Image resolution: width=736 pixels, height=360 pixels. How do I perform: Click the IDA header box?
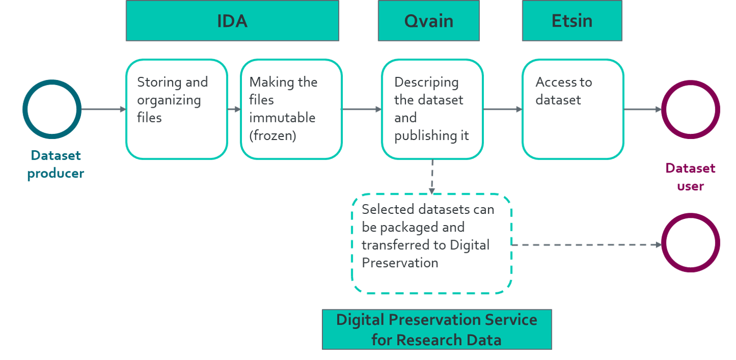tap(232, 21)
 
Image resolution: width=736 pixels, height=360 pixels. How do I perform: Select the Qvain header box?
tap(428, 21)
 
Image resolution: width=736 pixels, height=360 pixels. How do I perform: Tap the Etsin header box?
tap(572, 21)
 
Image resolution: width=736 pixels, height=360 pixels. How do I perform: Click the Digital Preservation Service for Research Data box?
tap(437, 329)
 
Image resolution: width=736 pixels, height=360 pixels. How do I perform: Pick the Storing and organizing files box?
tap(176, 109)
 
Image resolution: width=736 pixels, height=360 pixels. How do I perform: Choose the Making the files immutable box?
tap(291, 109)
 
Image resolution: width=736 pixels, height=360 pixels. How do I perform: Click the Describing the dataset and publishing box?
tap(432, 109)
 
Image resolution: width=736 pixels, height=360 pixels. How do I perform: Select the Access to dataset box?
tap(573, 109)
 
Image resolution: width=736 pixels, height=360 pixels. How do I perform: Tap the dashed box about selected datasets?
tap(431, 244)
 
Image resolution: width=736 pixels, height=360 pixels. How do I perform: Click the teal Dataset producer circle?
tap(52, 109)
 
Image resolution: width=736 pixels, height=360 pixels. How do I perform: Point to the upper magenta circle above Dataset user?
tap(690, 109)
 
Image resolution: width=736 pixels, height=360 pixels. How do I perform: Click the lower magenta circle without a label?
tap(690, 243)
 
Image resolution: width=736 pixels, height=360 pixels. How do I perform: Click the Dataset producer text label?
tap(55, 164)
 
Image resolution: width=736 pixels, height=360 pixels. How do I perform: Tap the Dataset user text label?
tap(690, 177)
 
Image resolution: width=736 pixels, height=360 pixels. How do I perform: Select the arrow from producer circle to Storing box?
tap(103, 109)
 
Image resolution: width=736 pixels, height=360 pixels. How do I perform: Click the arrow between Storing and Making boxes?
tap(234, 109)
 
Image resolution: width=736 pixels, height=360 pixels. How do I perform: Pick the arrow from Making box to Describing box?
tap(361, 109)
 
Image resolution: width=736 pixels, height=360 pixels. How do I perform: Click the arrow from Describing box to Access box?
tap(502, 109)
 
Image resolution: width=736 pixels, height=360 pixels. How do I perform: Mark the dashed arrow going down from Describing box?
tap(432, 176)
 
